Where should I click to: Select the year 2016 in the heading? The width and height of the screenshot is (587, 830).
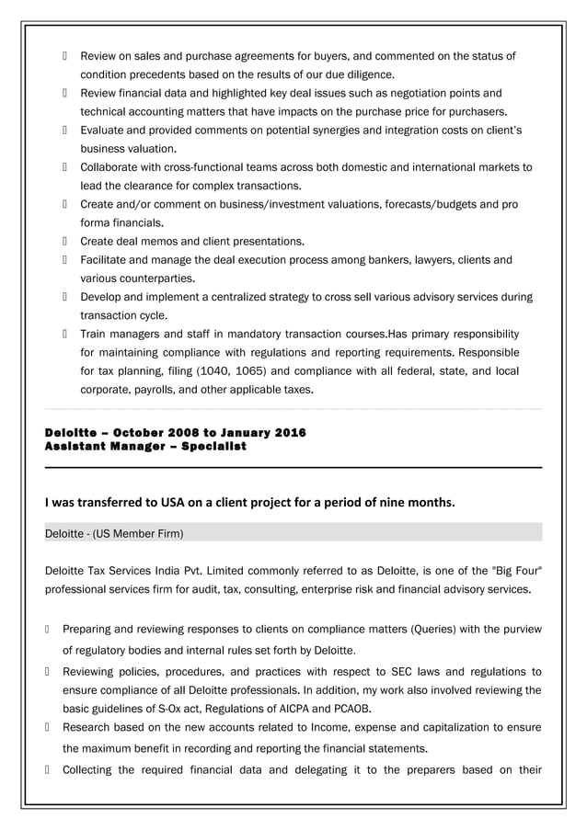coord(290,432)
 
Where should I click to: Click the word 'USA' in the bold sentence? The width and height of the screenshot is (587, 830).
coord(169,503)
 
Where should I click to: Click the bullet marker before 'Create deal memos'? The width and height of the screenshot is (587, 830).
coord(66,242)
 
